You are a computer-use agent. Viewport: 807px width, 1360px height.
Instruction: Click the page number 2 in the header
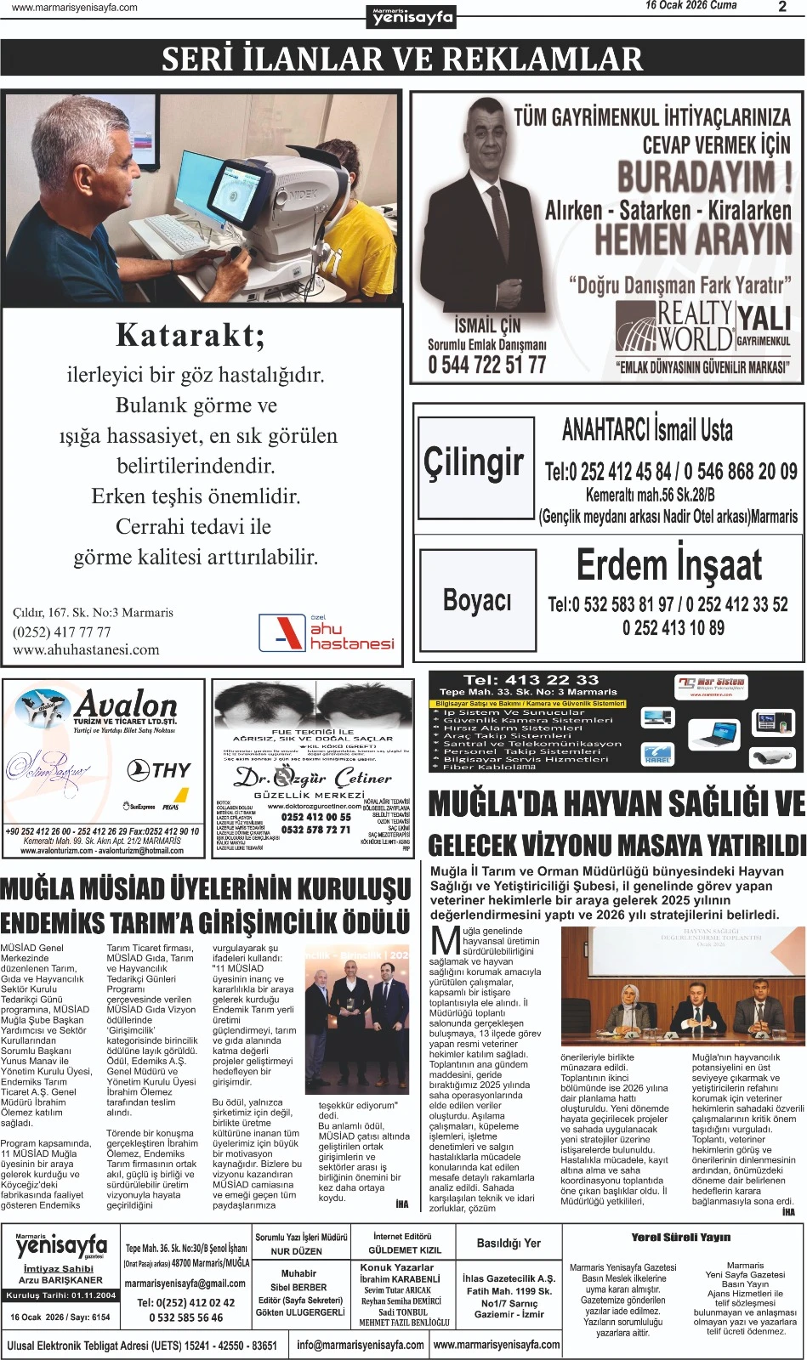click(782, 7)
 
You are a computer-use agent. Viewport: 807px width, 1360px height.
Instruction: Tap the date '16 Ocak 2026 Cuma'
click(690, 6)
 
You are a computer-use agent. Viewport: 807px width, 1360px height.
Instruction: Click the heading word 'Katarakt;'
click(190, 335)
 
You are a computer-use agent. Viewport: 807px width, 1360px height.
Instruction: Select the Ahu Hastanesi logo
click(327, 632)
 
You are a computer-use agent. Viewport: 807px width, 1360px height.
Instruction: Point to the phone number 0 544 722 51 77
click(487, 365)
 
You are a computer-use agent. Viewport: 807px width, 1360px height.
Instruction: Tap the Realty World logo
click(674, 327)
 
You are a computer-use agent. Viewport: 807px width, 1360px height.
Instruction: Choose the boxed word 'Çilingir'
click(475, 462)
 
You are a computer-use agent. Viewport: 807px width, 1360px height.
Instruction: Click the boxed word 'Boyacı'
click(477, 600)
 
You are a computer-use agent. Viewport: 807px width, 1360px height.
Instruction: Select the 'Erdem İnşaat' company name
click(669, 564)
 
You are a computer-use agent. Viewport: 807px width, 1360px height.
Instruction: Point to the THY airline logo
click(159, 770)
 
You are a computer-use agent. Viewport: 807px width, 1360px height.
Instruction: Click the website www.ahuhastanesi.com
click(86, 649)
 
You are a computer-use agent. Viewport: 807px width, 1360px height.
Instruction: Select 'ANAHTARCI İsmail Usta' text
click(647, 430)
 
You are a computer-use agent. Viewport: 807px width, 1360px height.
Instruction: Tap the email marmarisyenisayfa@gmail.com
click(185, 1283)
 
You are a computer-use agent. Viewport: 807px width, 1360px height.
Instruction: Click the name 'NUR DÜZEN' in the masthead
click(297, 1251)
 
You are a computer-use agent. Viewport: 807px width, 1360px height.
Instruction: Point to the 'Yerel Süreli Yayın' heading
click(681, 1237)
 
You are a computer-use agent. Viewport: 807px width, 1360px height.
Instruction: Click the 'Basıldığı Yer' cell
click(509, 1243)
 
